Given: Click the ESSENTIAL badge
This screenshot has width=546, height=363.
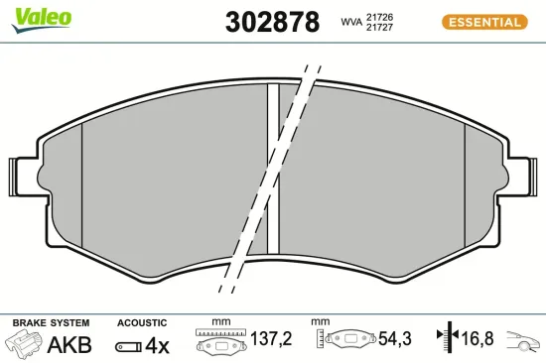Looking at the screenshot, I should click(x=483, y=21).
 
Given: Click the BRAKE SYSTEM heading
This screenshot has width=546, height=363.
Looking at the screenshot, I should click(x=51, y=323).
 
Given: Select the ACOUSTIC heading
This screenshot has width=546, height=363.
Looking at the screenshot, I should click(x=142, y=323).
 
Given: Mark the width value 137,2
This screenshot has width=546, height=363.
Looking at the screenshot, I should click(x=271, y=340).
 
